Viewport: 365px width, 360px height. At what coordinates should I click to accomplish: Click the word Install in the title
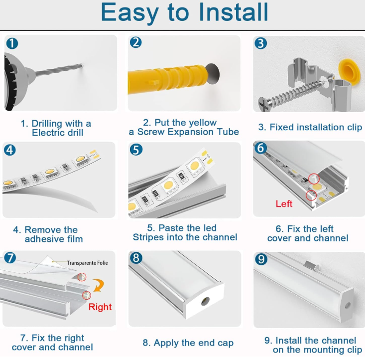pyautogui.click(x=234, y=12)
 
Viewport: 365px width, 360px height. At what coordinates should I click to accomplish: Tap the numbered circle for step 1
pyautogui.click(x=12, y=43)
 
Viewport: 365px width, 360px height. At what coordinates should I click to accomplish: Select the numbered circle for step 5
pyautogui.click(x=136, y=150)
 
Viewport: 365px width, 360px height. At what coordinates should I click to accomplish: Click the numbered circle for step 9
pyautogui.click(x=261, y=259)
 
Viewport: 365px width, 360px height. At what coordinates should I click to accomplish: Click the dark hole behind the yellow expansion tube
pyautogui.click(x=213, y=74)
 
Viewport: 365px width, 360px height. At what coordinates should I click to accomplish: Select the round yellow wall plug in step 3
pyautogui.click(x=349, y=72)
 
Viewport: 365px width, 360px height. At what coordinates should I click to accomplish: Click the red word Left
pyautogui.click(x=284, y=204)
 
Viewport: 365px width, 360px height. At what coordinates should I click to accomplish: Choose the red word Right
pyautogui.click(x=100, y=307)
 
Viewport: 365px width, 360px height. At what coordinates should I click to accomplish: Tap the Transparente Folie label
pyautogui.click(x=87, y=263)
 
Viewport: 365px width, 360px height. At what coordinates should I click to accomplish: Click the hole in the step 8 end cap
pyautogui.click(x=205, y=301)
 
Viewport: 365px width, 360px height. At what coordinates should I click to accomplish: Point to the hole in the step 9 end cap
pyautogui.click(x=348, y=305)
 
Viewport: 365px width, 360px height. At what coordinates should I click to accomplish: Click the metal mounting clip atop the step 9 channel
pyautogui.click(x=312, y=265)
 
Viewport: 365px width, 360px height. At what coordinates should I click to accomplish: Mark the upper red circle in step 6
pyautogui.click(x=314, y=179)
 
